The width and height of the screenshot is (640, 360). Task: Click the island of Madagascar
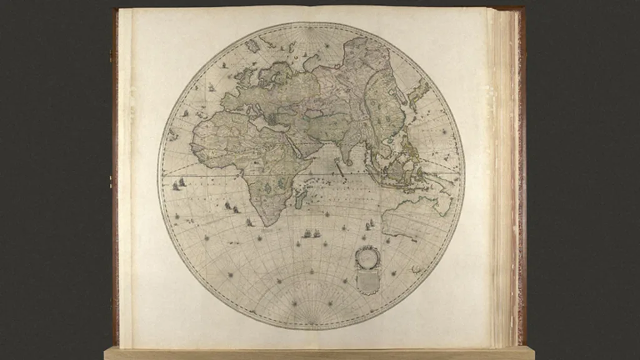[300, 199]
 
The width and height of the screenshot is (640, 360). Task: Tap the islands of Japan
[417, 94]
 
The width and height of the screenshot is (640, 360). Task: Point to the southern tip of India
[340, 164]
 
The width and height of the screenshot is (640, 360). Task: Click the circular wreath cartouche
[367, 256]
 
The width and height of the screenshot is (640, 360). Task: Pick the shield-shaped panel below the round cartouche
[367, 281]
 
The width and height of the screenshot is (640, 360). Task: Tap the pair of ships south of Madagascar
[311, 234]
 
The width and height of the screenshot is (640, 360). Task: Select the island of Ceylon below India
[346, 167]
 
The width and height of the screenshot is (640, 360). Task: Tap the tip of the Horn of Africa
[311, 160]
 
